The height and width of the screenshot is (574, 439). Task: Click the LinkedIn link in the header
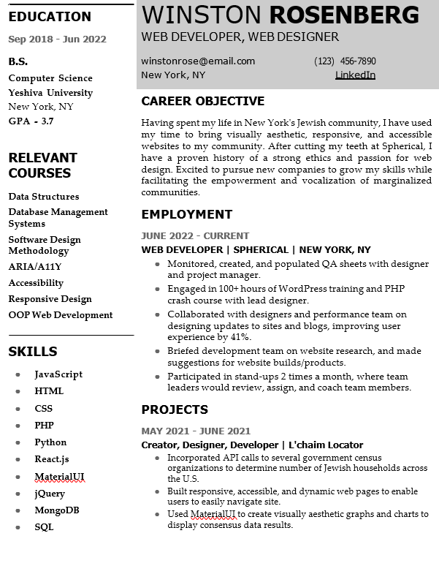coord(355,75)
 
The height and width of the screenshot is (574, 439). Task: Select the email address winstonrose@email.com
coord(198,61)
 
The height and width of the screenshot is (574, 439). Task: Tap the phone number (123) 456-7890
coord(345,61)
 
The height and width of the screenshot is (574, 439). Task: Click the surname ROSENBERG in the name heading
coord(344,15)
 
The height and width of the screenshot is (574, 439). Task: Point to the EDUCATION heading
coord(50,17)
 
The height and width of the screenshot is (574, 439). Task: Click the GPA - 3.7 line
coord(31,121)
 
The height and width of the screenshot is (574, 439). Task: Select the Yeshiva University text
coord(50,93)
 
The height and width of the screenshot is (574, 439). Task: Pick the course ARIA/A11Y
coord(35,267)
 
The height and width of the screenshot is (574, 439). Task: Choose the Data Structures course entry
coord(44,197)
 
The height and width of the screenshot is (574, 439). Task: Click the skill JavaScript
coord(58,374)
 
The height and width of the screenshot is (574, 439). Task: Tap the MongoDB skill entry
coord(57,510)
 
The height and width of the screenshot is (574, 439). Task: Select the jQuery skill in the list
coord(50,494)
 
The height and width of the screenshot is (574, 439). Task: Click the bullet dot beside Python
coord(17,443)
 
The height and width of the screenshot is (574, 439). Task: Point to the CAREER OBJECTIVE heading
coord(202,101)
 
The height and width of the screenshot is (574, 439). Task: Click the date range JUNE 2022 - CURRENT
coord(195,236)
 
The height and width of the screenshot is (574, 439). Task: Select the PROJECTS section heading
coord(175,409)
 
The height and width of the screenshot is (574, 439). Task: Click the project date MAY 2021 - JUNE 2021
coord(196,431)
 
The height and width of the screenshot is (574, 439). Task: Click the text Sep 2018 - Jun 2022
coord(58,39)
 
